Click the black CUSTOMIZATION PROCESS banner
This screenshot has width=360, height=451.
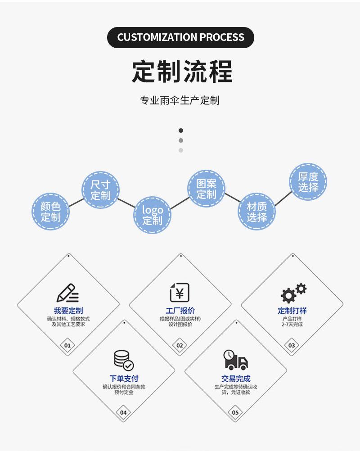pos(180,37)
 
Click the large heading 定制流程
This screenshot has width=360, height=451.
pos(182,71)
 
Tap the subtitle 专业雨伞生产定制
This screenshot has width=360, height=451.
pos(180,100)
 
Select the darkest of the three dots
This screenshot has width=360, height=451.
pos(181,131)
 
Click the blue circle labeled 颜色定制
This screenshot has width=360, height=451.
pos(50,212)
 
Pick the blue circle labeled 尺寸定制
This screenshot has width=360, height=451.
pos(100,190)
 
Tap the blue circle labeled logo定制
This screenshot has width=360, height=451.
pos(153,215)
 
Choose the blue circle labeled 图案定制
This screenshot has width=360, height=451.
pos(206,189)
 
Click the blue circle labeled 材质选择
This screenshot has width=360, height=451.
pos(257,212)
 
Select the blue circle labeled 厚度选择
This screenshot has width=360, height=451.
pos(308,182)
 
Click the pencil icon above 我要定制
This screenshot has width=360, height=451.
pos(68,293)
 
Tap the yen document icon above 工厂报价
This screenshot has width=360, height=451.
pos(180,292)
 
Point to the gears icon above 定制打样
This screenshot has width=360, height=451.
pos(293,293)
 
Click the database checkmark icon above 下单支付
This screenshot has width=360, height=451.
pos(124,360)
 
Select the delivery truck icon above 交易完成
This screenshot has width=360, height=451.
pos(235,360)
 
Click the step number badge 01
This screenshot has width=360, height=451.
pos(67,345)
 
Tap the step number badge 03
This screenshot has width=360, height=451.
pos(292,345)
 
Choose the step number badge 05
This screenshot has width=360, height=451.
pos(235,412)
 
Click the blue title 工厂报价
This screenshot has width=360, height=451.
pos(180,311)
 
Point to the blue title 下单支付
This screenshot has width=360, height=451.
pos(124,379)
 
